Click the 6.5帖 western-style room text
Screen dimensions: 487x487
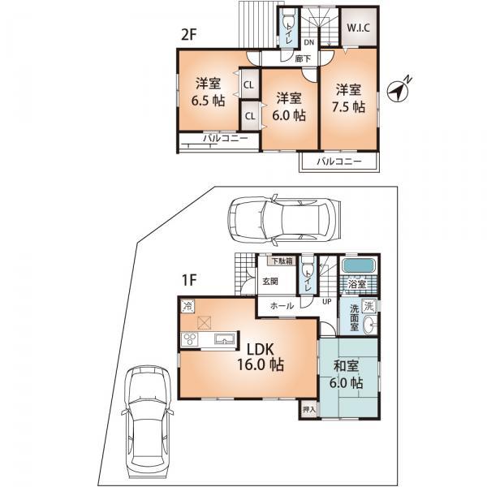pyautogui.click(x=207, y=93)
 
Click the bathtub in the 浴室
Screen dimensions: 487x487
pyautogui.click(x=358, y=267)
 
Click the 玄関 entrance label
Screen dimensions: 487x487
pyautogui.click(x=269, y=282)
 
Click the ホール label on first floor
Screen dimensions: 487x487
pyautogui.click(x=282, y=307)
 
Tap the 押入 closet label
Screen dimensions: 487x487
pyautogui.click(x=308, y=411)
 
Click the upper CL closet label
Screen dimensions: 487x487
pyautogui.click(x=249, y=84)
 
